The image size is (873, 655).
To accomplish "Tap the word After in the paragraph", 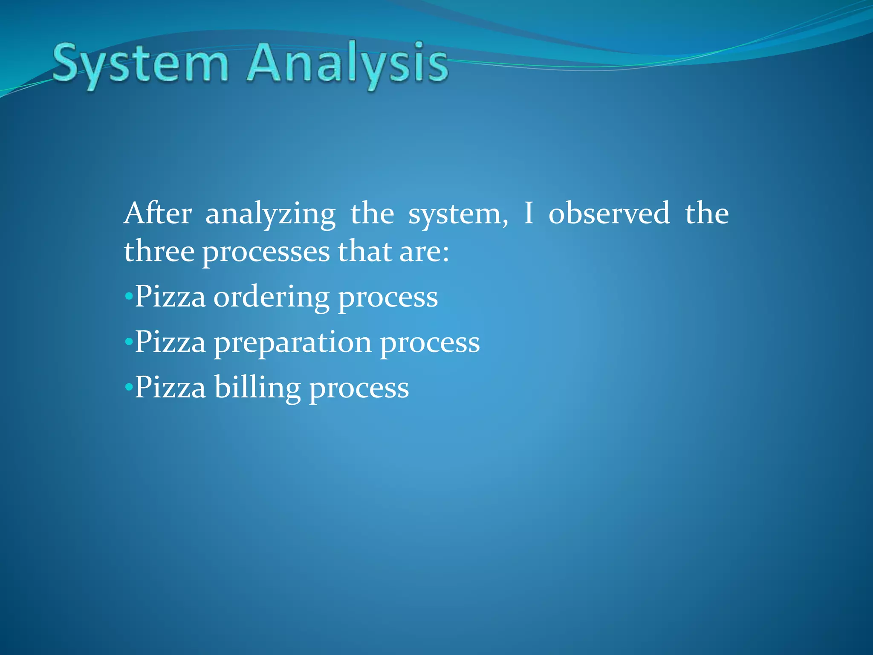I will click(x=158, y=213).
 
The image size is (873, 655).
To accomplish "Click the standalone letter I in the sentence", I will click(x=529, y=213).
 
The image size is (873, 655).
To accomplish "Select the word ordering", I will click(x=272, y=298).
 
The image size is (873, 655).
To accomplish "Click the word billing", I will click(x=257, y=388).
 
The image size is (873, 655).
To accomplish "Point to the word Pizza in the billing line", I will click(x=171, y=387).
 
